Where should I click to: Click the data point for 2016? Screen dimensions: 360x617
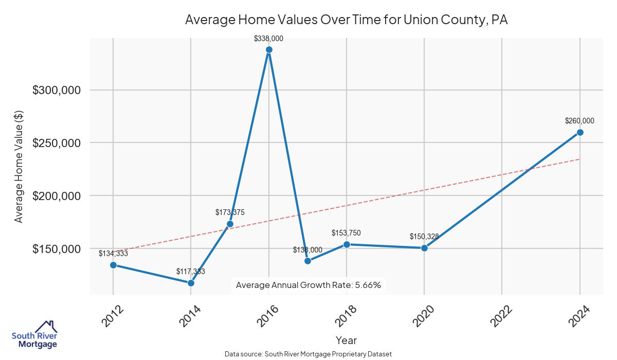click(269, 50)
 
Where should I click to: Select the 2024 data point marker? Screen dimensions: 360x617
click(580, 132)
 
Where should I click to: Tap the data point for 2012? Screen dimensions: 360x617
click(113, 265)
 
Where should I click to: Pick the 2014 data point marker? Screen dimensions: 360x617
click(191, 283)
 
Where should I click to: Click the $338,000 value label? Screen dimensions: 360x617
click(269, 38)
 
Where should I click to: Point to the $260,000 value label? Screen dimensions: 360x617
click(579, 121)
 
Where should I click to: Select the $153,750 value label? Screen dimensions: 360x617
click(347, 233)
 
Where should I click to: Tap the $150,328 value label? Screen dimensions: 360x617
click(424, 237)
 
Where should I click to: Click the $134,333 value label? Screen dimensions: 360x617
click(113, 254)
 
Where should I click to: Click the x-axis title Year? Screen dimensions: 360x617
click(346, 340)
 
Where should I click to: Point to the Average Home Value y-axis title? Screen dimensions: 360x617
click(19, 166)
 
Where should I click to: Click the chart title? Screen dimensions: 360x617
click(346, 20)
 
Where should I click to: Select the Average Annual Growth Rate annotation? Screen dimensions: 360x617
click(308, 285)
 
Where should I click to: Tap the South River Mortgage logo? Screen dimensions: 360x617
click(34, 335)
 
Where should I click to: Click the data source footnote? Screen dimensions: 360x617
click(308, 354)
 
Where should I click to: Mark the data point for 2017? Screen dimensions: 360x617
click(307, 261)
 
